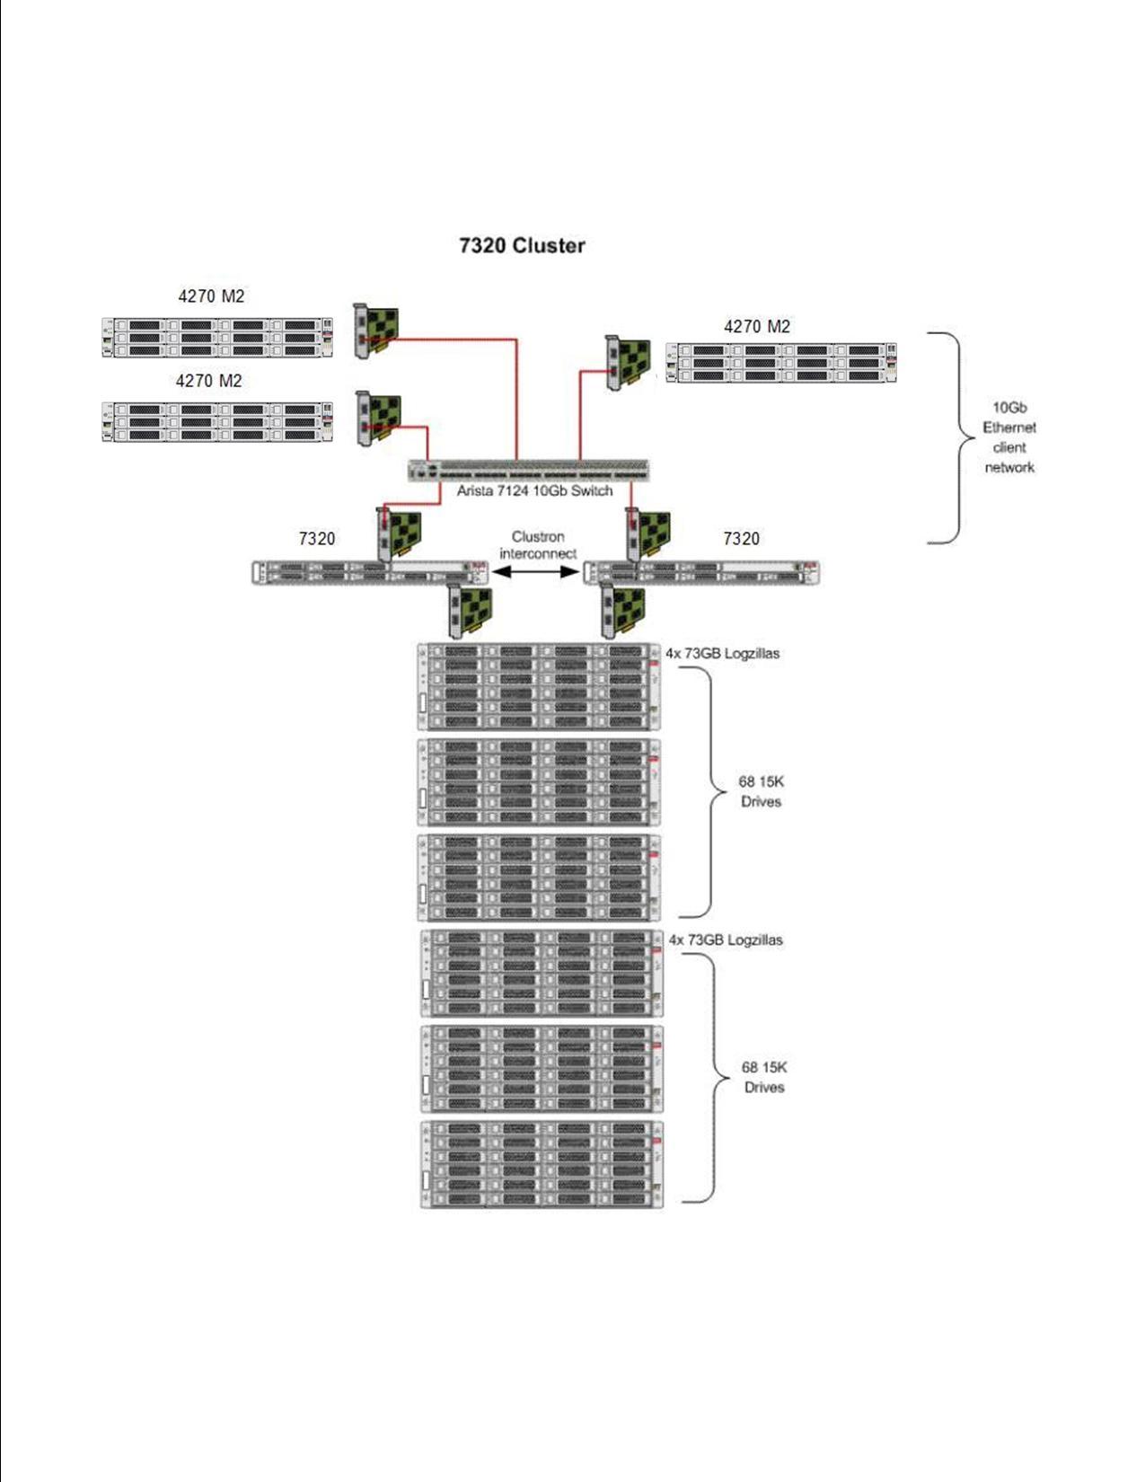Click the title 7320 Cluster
[522, 245]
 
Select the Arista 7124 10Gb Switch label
[534, 490]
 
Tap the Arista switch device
[528, 470]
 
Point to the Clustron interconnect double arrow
[536, 572]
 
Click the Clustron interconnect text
[538, 545]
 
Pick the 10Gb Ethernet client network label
[1009, 437]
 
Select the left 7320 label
[316, 538]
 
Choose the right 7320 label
[741, 538]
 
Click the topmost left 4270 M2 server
[217, 337]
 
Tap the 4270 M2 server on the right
[781, 363]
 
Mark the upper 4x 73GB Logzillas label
[722, 653]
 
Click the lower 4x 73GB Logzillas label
[726, 939]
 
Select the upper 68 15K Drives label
[761, 791]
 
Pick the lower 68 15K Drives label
[764, 1077]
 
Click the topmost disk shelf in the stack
[539, 686]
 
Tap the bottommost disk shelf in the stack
[542, 1164]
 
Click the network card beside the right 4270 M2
[629, 361]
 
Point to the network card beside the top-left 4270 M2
[376, 331]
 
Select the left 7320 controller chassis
[371, 572]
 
